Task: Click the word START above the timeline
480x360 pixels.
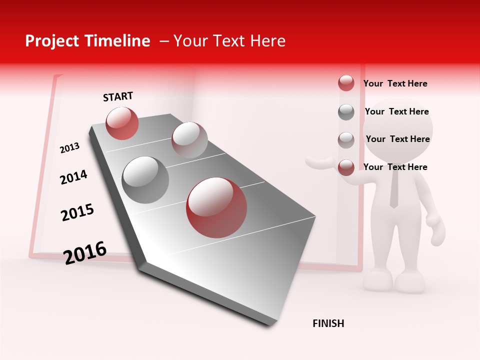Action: point(118,96)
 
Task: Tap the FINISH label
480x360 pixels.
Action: point(328,323)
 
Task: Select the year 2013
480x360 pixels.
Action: point(69,148)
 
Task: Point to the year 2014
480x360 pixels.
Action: point(73,177)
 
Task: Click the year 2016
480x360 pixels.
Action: point(85,253)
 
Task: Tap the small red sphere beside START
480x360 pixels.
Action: point(122,123)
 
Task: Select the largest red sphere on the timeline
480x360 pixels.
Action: point(216,207)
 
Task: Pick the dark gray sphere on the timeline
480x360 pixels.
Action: point(145,180)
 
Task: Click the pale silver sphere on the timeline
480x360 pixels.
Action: point(189,139)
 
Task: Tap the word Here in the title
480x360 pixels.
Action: point(267,41)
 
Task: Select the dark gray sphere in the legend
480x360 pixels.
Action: point(346,112)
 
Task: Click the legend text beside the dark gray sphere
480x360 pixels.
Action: point(396,111)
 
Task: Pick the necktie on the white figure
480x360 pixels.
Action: point(394,190)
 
